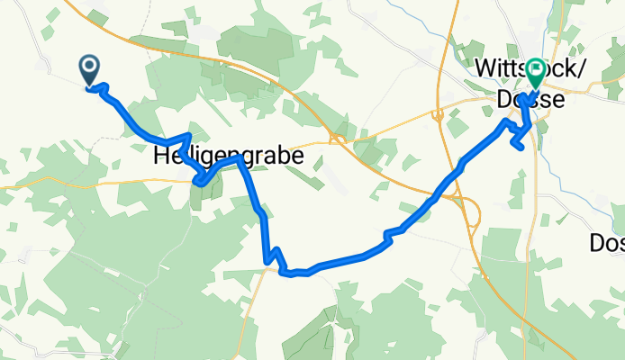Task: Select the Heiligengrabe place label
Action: (229, 156)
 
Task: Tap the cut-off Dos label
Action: (606, 242)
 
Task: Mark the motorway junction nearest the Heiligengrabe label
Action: (339, 138)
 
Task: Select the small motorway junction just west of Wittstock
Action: (437, 114)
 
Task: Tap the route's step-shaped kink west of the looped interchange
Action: (388, 236)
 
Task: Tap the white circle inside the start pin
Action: (90, 65)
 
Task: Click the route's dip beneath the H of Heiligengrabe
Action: (202, 183)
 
